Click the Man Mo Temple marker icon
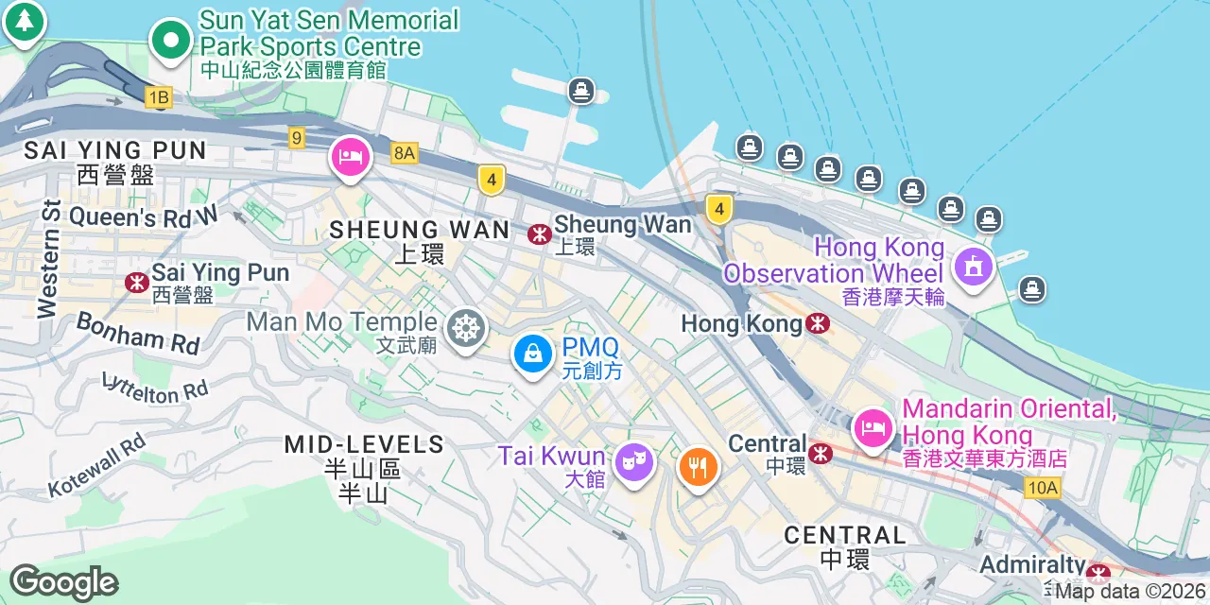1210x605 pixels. point(464,329)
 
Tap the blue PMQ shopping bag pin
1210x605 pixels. point(533,354)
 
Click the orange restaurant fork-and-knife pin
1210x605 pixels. point(698,466)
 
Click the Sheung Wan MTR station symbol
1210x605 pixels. point(540,233)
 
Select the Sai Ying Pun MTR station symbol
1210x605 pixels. point(136,282)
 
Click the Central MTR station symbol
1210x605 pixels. point(821,453)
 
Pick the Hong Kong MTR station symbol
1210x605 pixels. point(819,324)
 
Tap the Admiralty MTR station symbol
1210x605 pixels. point(1098,573)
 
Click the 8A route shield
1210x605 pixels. point(405,153)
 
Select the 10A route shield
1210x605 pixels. point(1042,488)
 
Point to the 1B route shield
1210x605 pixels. point(158,96)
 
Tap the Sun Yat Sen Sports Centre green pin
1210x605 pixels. point(171,41)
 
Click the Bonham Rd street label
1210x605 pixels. point(138,334)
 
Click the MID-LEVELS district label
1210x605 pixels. point(364,444)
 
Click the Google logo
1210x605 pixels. point(63,583)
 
